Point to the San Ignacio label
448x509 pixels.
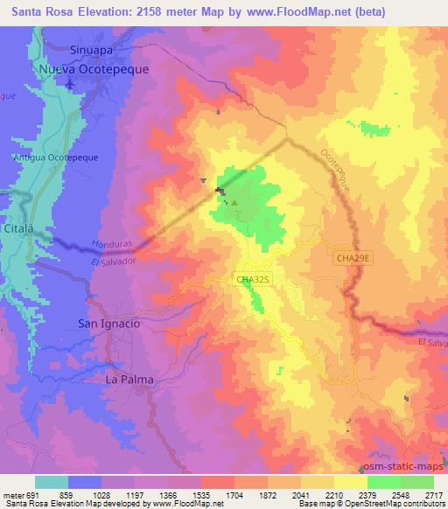(x=109, y=324)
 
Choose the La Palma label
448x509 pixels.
(x=123, y=380)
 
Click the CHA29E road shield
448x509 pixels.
(x=353, y=257)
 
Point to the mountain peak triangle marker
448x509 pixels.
(x=234, y=202)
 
